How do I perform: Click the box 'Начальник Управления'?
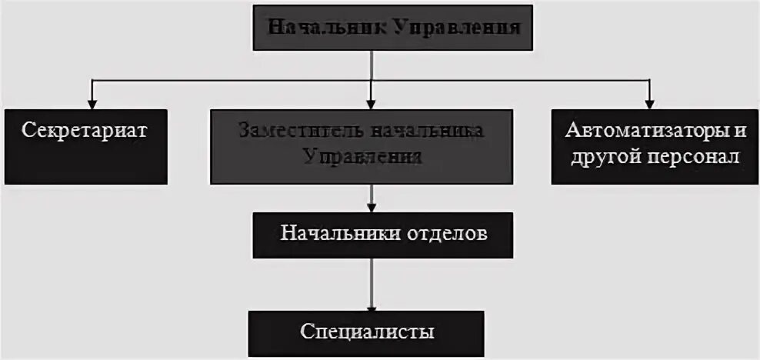coord(392,28)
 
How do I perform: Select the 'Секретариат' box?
coord(85,147)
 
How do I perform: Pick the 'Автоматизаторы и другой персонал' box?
coord(655,147)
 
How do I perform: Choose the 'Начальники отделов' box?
coord(383,234)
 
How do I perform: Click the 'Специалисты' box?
coord(366,332)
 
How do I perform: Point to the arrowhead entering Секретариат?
coord(92,104)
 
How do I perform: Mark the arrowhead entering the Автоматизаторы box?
coord(649,104)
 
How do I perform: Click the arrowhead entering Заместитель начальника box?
coord(372,104)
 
